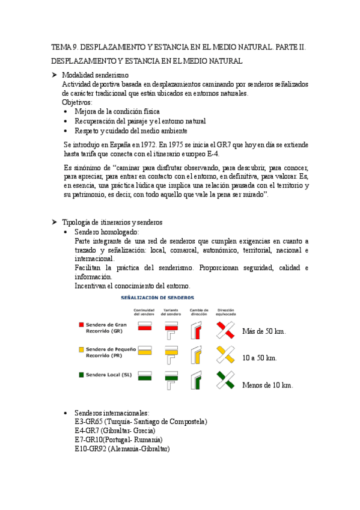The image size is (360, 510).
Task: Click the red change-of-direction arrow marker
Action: pos(197,330)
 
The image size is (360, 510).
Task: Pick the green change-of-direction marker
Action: pos(197,380)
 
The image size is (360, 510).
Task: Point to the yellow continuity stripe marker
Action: pos(144,352)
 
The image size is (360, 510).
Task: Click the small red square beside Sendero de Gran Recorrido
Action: pos(81,325)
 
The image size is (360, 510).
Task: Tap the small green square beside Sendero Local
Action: pos(81,375)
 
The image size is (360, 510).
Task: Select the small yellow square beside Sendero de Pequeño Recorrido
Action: pos(81,349)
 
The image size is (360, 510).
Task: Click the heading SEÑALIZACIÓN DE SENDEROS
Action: pos(157,298)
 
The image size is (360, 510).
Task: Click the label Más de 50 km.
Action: pos(263,331)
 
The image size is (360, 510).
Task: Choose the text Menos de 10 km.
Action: pos(267,386)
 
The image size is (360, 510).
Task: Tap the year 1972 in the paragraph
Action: pos(147,145)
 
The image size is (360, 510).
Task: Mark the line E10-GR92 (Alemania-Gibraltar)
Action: pos(122,449)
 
